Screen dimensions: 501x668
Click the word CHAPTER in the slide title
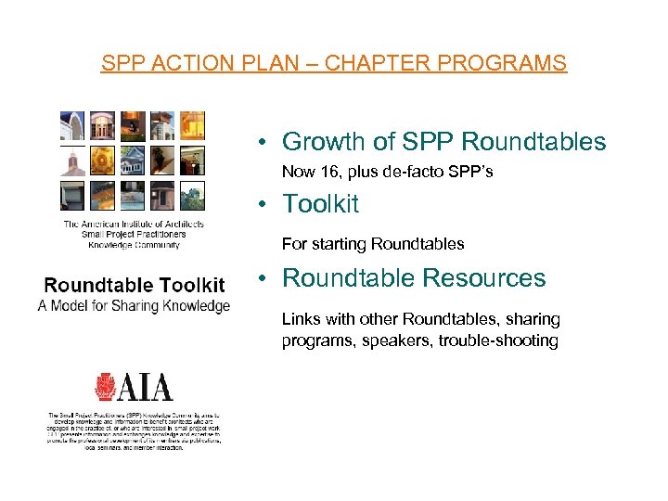click(368, 64)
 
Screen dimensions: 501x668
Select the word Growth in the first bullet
click(321, 142)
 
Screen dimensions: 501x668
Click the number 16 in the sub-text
click(326, 172)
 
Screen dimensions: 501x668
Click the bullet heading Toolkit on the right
click(320, 203)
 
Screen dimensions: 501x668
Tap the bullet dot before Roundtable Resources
click(264, 278)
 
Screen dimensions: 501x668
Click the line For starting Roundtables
click(373, 245)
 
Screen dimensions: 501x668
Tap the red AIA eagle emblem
click(106, 387)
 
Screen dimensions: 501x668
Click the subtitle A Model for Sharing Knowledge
click(134, 305)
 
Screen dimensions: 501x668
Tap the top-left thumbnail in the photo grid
click(72, 126)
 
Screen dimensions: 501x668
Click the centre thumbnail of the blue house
click(133, 161)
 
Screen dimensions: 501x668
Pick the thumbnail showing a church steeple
click(72, 161)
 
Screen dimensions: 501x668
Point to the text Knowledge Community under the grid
click(134, 246)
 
